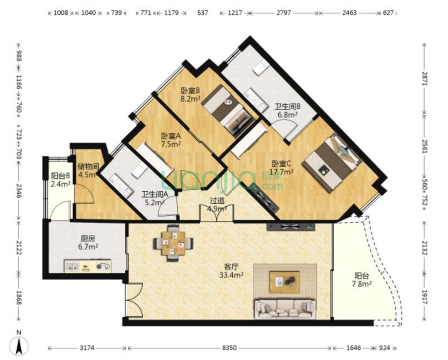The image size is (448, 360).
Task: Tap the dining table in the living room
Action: tap(173, 243)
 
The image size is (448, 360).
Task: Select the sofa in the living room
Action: tap(285, 309)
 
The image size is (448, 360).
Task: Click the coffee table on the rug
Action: tap(285, 282)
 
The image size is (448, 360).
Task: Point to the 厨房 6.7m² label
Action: tap(88, 242)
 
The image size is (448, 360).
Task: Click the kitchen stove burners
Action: tap(103, 266)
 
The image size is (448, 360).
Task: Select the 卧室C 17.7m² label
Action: tap(282, 168)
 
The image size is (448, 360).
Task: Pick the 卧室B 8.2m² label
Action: tap(190, 95)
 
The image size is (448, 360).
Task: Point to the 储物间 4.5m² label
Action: tap(88, 170)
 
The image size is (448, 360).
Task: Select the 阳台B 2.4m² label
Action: tap(61, 180)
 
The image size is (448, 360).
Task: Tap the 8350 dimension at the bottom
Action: tap(229, 348)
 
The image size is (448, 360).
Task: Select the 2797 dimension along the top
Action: tap(284, 12)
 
